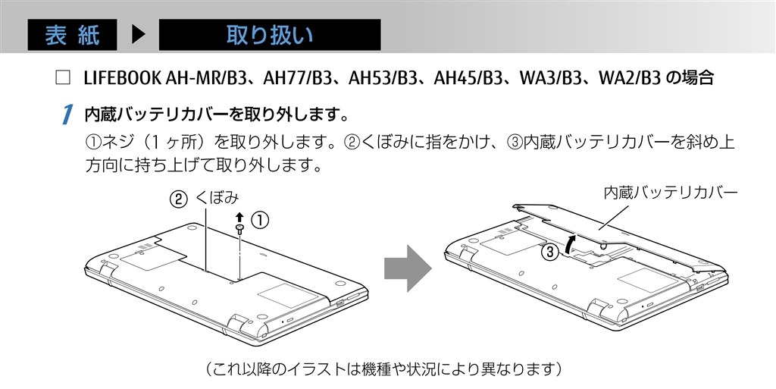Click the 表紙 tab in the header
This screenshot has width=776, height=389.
[x=73, y=35]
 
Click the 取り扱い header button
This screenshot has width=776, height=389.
[x=269, y=35]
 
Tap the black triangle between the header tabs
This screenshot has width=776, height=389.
[x=138, y=35]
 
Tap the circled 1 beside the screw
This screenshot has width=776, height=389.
[x=259, y=221]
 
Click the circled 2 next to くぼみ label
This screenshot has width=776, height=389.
[x=177, y=199]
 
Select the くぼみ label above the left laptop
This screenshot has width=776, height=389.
[x=217, y=199]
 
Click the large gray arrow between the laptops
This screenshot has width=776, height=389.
[x=407, y=267]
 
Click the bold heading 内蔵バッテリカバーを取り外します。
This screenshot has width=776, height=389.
[x=217, y=115]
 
